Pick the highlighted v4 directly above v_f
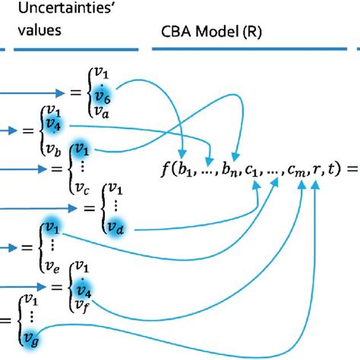coord(78,290)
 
